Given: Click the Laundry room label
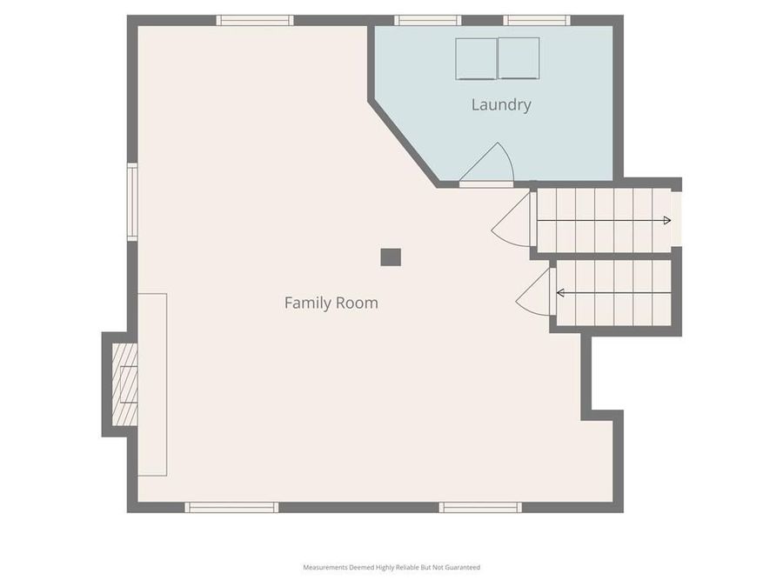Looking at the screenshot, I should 501,105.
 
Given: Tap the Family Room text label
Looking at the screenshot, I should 331,304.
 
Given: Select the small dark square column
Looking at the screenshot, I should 391,257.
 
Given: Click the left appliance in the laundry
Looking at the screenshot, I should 476,58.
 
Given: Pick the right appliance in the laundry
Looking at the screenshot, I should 519,58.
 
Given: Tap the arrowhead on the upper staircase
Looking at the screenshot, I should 666,221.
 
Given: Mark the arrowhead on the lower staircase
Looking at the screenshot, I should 561,293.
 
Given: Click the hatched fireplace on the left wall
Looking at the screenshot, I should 125,384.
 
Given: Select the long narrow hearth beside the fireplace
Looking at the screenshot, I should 152,384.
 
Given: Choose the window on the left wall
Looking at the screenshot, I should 132,202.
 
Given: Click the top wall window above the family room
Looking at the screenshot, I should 255,20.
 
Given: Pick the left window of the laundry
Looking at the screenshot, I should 427,20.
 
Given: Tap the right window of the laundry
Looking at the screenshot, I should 537,20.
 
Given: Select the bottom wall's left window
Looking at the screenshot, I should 231,507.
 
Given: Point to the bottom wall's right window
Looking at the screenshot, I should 480,507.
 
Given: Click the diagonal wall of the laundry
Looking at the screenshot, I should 402,143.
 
